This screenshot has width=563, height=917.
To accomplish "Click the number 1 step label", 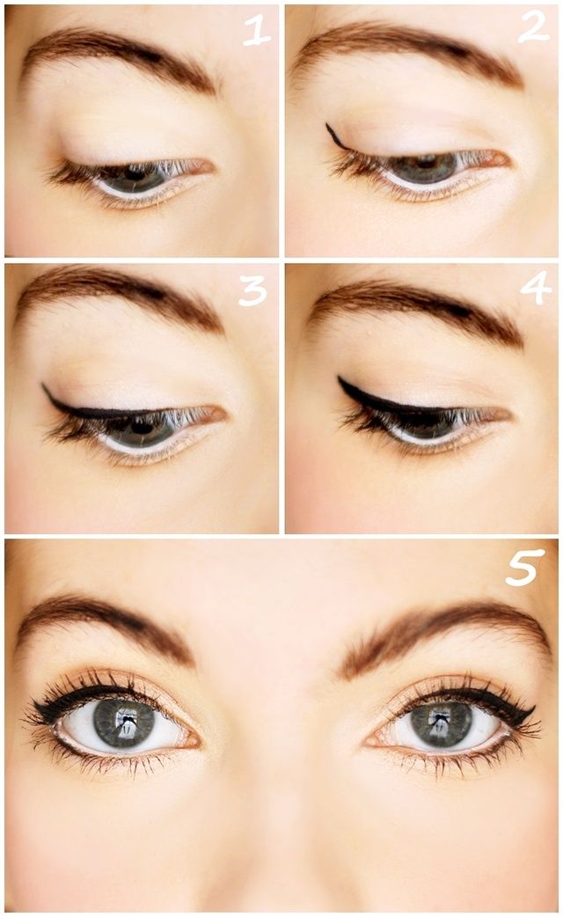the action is pyautogui.click(x=257, y=31).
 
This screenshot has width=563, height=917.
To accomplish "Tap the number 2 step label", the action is pyautogui.click(x=534, y=27).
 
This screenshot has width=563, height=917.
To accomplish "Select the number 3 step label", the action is pyautogui.click(x=252, y=290).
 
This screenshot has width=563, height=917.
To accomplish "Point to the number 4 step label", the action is pyautogui.click(x=535, y=288).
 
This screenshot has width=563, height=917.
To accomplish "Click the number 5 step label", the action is pyautogui.click(x=524, y=568).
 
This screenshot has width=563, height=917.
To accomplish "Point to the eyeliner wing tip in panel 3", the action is pyautogui.click(x=43, y=385).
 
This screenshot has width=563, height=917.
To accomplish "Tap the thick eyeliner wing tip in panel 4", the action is pyautogui.click(x=340, y=378).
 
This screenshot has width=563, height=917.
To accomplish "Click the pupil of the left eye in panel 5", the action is pyautogui.click(x=123, y=722).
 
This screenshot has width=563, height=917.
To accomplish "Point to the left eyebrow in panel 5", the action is pyautogui.click(x=106, y=626).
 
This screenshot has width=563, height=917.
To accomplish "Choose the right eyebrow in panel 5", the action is pyautogui.click(x=445, y=635).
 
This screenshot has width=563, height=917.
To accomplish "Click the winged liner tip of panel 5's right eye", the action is pyautogui.click(x=533, y=709).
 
